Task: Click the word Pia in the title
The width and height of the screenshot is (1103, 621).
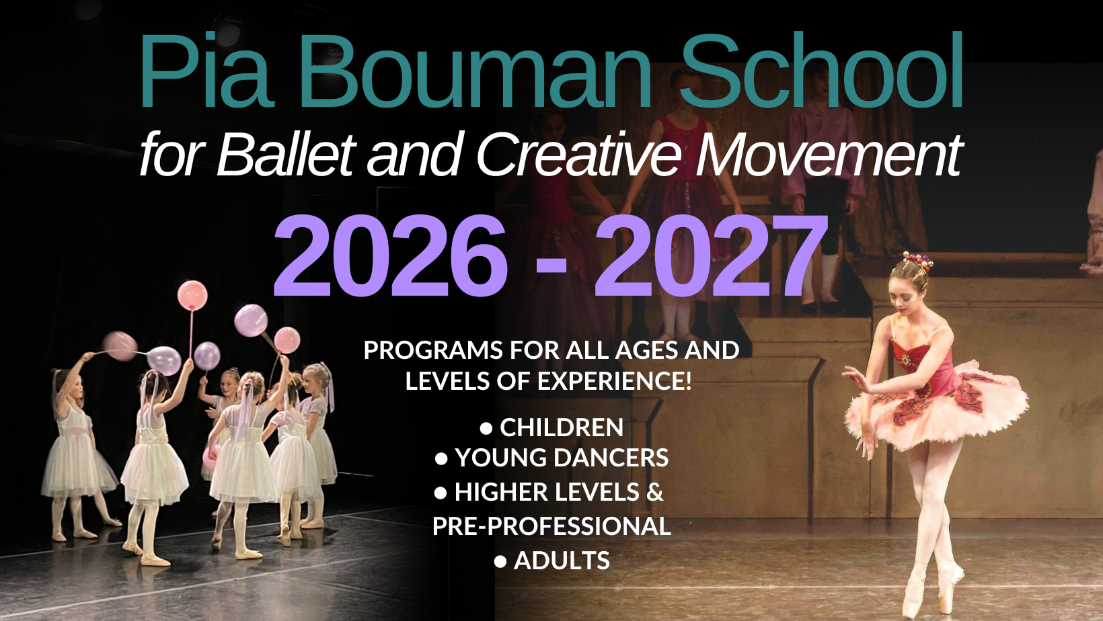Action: pos(204,71)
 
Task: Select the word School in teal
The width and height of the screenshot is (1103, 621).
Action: pos(822,71)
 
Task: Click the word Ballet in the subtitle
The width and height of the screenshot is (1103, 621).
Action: pos(286,155)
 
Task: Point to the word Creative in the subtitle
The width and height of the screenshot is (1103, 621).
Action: pos(578,155)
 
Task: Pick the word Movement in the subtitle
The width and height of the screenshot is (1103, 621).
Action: pos(829,155)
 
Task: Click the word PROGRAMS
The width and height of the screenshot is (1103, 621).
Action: pos(433,350)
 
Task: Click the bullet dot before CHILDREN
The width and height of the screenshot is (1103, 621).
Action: pos(486,428)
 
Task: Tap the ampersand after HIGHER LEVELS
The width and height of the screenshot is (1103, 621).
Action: pos(654,492)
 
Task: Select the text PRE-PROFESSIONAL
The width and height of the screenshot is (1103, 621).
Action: pos(551,526)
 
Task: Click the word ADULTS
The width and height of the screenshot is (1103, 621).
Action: pos(562,561)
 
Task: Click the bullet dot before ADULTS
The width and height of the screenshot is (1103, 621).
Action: pos(500,562)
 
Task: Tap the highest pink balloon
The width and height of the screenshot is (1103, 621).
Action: pos(192,295)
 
